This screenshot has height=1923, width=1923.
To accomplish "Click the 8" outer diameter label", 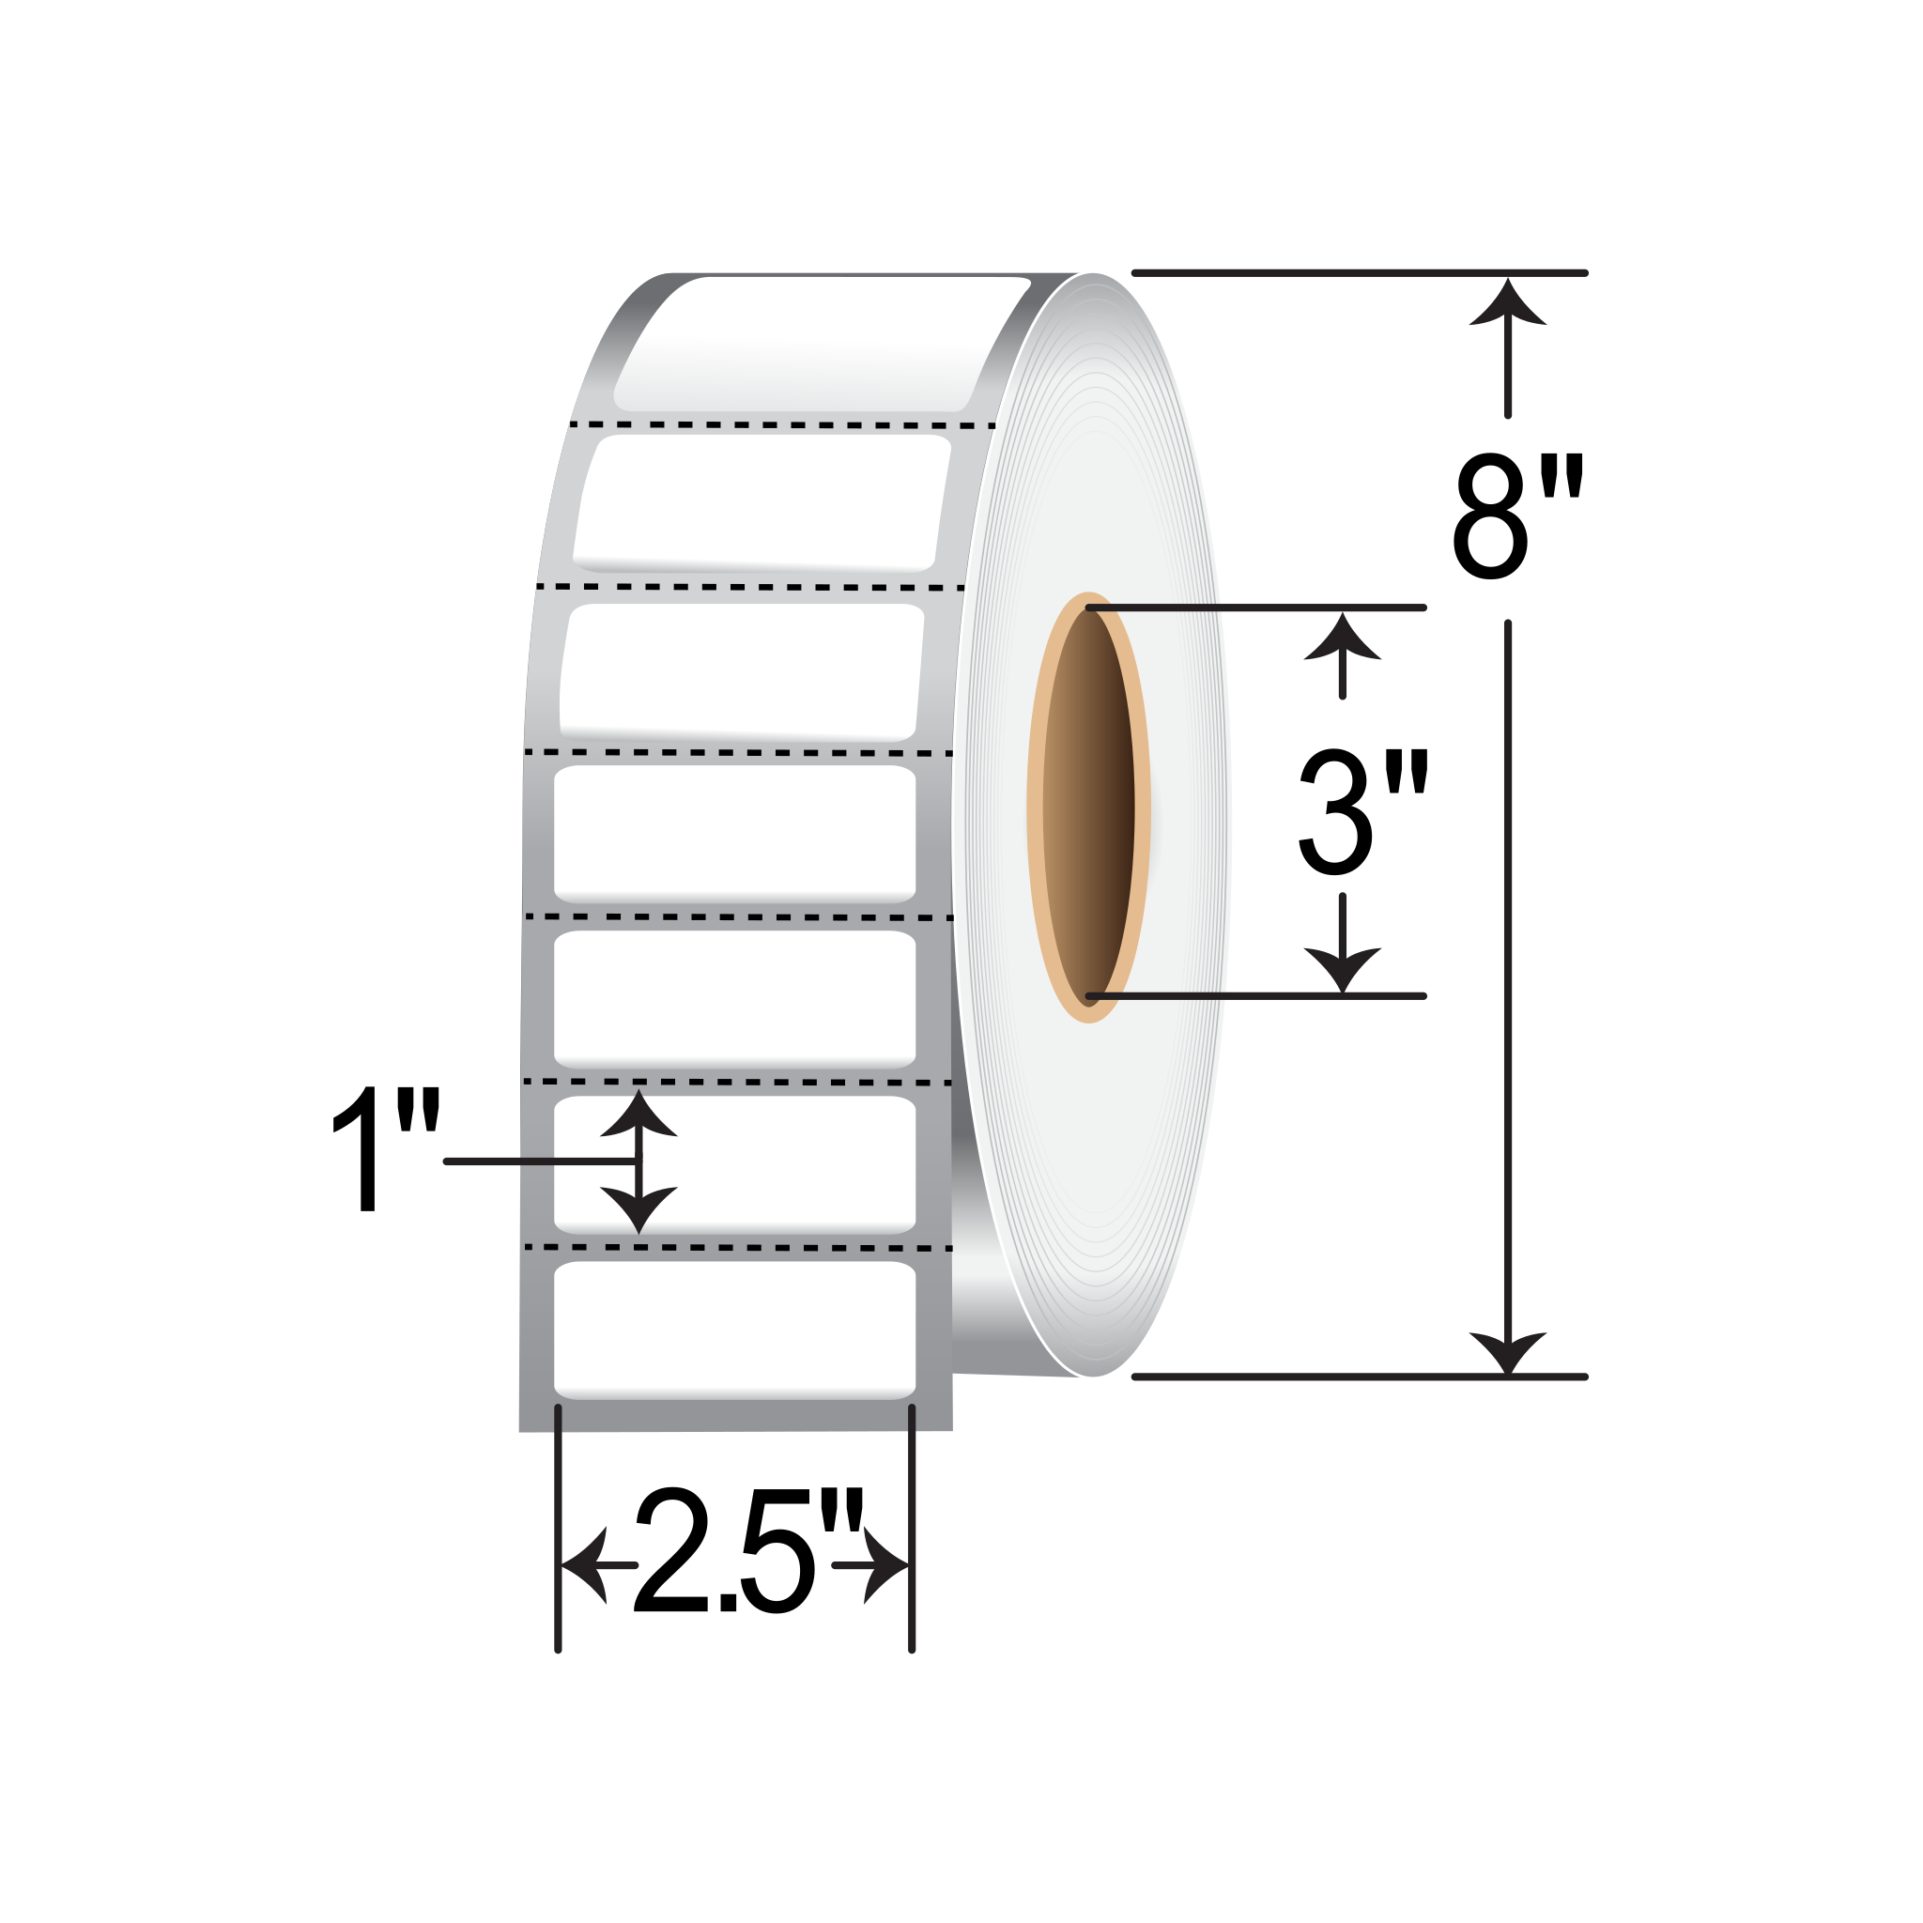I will click(x=1517, y=516).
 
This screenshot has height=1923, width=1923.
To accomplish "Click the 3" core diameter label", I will click(x=1362, y=813).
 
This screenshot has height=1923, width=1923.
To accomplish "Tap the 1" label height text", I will click(x=385, y=1149).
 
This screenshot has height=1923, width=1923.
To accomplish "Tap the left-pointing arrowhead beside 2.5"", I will click(x=587, y=1564).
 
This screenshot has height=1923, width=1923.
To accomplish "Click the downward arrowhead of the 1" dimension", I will click(x=638, y=1208).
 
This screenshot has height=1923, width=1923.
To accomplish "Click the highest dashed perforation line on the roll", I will click(x=782, y=425).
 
